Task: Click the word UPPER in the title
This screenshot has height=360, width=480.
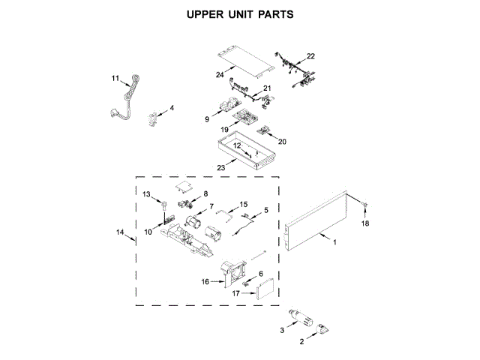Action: (205, 14)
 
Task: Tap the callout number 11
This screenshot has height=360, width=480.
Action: (115, 78)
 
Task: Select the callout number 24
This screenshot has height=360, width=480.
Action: (220, 74)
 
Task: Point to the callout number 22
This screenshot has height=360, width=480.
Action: (310, 56)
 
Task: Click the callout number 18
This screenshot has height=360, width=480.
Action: (365, 223)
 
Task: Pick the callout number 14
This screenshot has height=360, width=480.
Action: (120, 232)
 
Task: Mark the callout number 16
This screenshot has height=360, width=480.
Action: (205, 281)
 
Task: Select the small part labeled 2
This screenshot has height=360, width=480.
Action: (324, 329)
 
